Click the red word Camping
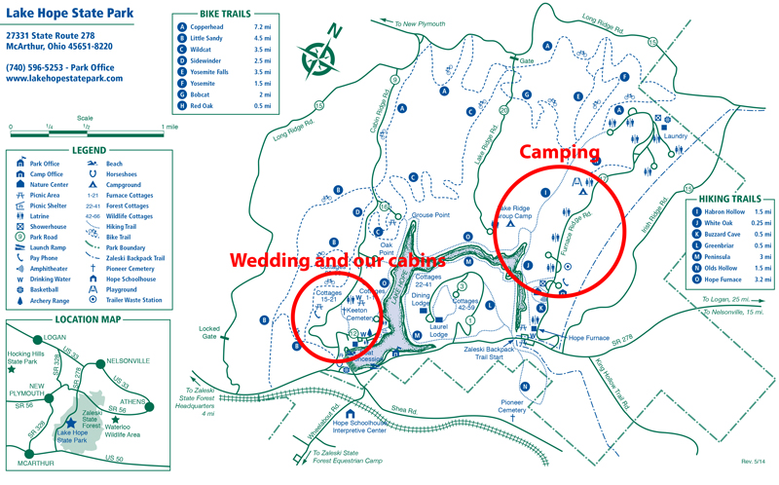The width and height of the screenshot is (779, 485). (558, 153)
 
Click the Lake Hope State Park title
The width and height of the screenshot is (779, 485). (65, 14)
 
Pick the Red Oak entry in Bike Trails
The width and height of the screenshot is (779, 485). (208, 105)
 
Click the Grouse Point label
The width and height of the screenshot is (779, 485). (428, 214)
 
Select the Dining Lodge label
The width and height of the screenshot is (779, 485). (420, 300)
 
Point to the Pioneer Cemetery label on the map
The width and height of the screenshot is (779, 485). (512, 406)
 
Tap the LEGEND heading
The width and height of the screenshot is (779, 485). (88, 151)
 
